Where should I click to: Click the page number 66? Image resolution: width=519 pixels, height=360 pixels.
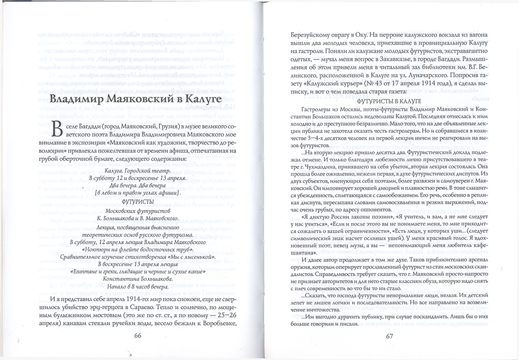[x=137, y=336]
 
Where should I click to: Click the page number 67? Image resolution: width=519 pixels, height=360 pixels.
[x=390, y=336]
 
